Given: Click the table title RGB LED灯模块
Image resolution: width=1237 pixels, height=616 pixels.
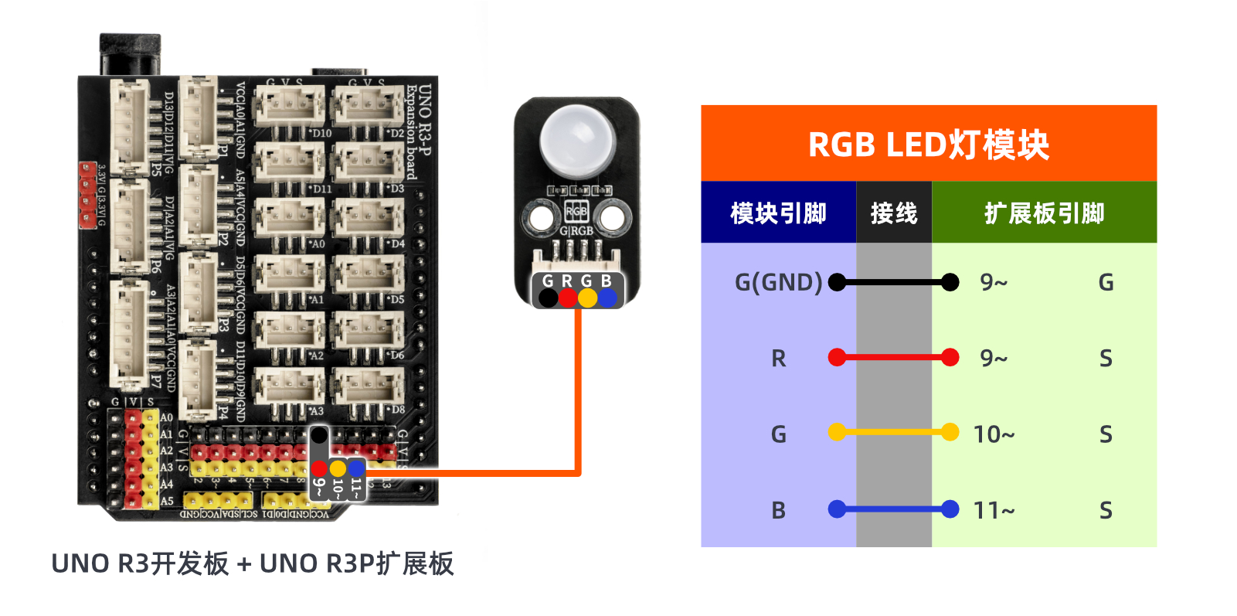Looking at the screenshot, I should pyautogui.click(x=928, y=145).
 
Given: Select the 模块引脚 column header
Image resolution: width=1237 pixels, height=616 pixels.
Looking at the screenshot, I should pyautogui.click(x=778, y=213).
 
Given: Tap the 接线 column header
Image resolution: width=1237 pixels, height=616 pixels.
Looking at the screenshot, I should pyautogui.click(x=893, y=213).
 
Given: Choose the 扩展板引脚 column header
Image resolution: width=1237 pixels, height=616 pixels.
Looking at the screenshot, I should pyautogui.click(x=1044, y=213).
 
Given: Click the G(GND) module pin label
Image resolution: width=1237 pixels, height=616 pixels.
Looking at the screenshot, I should pyautogui.click(x=778, y=282).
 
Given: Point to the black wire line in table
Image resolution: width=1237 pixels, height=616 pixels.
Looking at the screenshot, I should pyautogui.click(x=894, y=282).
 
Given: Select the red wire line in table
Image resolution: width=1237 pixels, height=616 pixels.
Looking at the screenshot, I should pyautogui.click(x=894, y=358).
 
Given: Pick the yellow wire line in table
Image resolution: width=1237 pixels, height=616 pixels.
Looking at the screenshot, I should pyautogui.click(x=894, y=433).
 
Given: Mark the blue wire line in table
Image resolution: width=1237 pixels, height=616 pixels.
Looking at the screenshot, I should pyautogui.click(x=894, y=509).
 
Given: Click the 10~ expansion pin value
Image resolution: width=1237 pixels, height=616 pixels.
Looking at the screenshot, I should pyautogui.click(x=994, y=434).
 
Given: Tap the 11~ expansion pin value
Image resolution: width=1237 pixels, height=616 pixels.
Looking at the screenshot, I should pyautogui.click(x=994, y=510).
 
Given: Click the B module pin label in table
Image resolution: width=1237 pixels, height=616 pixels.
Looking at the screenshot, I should pyautogui.click(x=778, y=510).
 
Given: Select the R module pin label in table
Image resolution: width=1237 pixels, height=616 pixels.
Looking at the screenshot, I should pyautogui.click(x=778, y=359).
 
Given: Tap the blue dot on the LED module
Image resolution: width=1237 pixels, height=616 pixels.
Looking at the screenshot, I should pyautogui.click(x=607, y=298).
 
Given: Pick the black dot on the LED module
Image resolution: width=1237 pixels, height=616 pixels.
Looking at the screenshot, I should pyautogui.click(x=548, y=298).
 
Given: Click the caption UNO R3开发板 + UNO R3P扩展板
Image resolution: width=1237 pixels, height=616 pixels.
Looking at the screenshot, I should pyautogui.click(x=252, y=563).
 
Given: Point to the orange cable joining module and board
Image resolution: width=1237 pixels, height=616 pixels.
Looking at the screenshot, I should pyautogui.click(x=577, y=402).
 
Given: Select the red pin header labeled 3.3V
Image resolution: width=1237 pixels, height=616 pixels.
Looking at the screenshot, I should pyautogui.click(x=87, y=195).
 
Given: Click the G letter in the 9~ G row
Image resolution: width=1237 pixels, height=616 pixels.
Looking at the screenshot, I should pyautogui.click(x=1106, y=282).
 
